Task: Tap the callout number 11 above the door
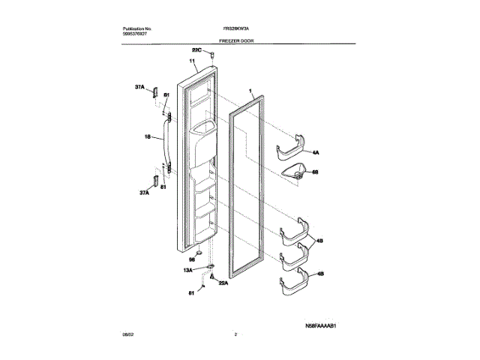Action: pyautogui.click(x=192, y=61)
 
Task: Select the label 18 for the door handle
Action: pyautogui.click(x=147, y=137)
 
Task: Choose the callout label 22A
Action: pyautogui.click(x=223, y=283)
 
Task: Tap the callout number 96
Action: pyautogui.click(x=191, y=259)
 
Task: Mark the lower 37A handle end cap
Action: pyautogui.click(x=156, y=183)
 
